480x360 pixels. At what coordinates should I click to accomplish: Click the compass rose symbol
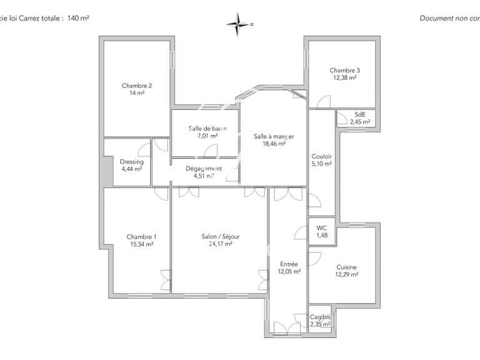pos(239,24)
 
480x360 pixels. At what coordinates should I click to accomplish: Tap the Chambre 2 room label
pos(137,86)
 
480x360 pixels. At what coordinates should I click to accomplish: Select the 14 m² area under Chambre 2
pos(137,93)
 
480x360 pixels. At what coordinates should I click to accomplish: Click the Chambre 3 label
pos(344,71)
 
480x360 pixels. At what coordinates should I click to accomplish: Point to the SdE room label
pos(360,114)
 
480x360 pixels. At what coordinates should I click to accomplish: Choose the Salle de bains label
pos(207,128)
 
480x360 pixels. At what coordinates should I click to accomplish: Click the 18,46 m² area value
pos(274,143)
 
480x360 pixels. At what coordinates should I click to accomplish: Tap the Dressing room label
pos(131,162)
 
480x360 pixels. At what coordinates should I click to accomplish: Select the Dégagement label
pos(204,168)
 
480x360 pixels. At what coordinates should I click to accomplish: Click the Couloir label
pos(321,156)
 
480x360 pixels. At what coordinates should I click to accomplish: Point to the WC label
pos(322,228)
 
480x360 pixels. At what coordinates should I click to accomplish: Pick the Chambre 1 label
pos(141,237)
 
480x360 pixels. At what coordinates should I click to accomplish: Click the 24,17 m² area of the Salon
pos(220,244)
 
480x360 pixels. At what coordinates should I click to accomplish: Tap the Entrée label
pos(289,264)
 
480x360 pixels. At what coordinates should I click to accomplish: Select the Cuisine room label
pos(346,266)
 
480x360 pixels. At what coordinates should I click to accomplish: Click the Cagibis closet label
pos(320,317)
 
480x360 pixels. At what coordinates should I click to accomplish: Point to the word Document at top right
pos(436,19)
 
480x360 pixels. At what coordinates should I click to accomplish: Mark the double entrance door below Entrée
pos(288,331)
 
